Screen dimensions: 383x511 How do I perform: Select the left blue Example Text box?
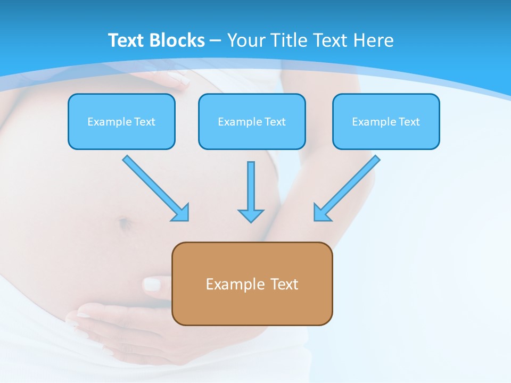coord(121,122)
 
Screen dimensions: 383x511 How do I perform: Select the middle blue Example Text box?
coord(252,122)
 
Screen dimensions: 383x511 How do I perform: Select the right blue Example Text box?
coord(386,122)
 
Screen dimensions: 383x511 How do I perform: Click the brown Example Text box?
coord(252,284)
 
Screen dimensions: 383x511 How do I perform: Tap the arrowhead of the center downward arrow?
coord(251,215)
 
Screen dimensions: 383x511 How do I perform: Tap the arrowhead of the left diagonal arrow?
coord(181,213)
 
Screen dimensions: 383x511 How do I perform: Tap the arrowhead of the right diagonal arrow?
coord(322,212)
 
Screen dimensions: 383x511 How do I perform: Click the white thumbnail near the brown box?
coord(152,284)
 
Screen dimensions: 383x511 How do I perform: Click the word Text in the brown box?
coord(284,284)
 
